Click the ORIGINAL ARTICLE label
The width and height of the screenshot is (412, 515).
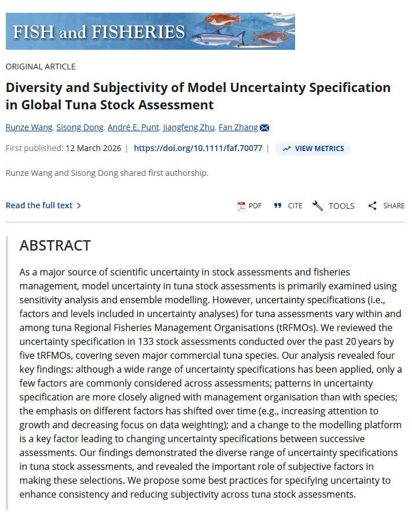point(41,67)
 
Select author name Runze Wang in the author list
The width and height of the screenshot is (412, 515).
point(30,127)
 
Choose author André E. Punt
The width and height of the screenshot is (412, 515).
point(133,127)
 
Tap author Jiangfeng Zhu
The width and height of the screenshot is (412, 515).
point(189,127)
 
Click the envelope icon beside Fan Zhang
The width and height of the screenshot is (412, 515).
point(264,128)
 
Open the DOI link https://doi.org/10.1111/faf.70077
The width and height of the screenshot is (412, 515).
point(198,148)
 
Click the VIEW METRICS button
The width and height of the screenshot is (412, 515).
point(312,149)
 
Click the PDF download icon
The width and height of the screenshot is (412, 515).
point(242,206)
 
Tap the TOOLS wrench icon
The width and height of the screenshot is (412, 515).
point(318,206)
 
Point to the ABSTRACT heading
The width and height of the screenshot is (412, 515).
point(55,245)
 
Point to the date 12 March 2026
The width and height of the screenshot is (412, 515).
point(93,148)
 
